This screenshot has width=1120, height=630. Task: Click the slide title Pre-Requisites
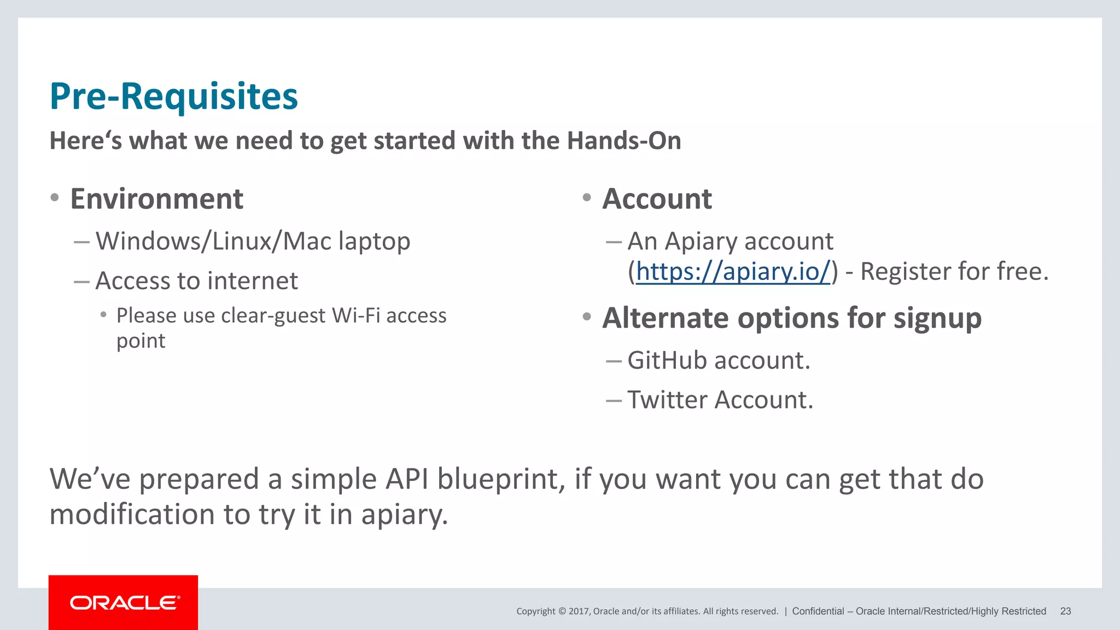(x=173, y=97)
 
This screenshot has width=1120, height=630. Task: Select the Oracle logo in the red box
(x=124, y=603)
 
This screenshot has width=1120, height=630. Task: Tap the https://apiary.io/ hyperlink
(x=733, y=272)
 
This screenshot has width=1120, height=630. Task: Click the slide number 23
(x=1065, y=611)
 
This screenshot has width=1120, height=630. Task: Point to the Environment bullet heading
(x=156, y=199)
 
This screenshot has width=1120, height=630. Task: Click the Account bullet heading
(x=657, y=199)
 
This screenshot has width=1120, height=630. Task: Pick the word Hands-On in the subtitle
(x=623, y=141)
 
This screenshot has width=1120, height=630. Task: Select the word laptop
(x=374, y=242)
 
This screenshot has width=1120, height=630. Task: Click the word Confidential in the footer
(x=818, y=611)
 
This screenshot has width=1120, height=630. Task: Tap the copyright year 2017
(x=578, y=611)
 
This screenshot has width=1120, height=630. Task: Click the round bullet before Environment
(x=54, y=197)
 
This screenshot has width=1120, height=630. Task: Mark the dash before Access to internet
(x=81, y=282)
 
